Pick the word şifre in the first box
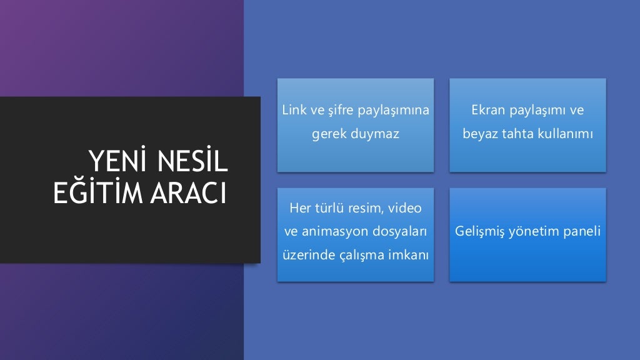click(341, 111)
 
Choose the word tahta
click(515, 134)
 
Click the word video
click(406, 207)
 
